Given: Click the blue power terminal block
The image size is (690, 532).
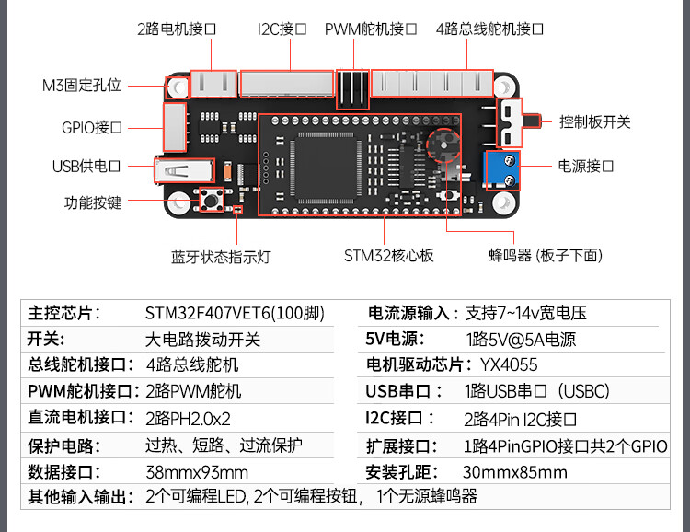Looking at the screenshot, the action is [502, 170].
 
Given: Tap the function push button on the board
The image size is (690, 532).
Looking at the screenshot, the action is [212, 201].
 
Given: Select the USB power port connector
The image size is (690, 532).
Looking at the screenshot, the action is [184, 171].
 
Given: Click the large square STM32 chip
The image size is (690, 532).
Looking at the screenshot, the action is [325, 167].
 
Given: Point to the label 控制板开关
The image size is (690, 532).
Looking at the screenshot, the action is [594, 122].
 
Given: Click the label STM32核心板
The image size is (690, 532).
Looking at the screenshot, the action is [388, 256].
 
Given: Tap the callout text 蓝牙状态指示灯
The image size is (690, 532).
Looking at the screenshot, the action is [221, 257].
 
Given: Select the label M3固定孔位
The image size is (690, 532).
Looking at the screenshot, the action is [81, 85].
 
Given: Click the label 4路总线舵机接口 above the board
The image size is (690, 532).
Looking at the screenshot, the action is [489, 29].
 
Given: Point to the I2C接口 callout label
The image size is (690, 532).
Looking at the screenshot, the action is [282, 29].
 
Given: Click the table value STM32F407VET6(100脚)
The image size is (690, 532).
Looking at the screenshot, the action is [235, 313].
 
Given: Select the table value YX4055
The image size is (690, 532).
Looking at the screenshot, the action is [509, 365].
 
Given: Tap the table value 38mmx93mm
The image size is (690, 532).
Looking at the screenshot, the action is [197, 472].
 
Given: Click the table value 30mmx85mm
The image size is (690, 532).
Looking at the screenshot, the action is [515, 472].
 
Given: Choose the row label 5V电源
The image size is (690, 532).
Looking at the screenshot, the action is [395, 339].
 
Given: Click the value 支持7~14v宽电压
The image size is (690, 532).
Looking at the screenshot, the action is [526, 313].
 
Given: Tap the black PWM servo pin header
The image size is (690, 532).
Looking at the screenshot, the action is [352, 89].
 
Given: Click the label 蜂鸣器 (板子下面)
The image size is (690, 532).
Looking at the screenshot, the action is [546, 256].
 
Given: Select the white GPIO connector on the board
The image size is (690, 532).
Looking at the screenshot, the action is [175, 127].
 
